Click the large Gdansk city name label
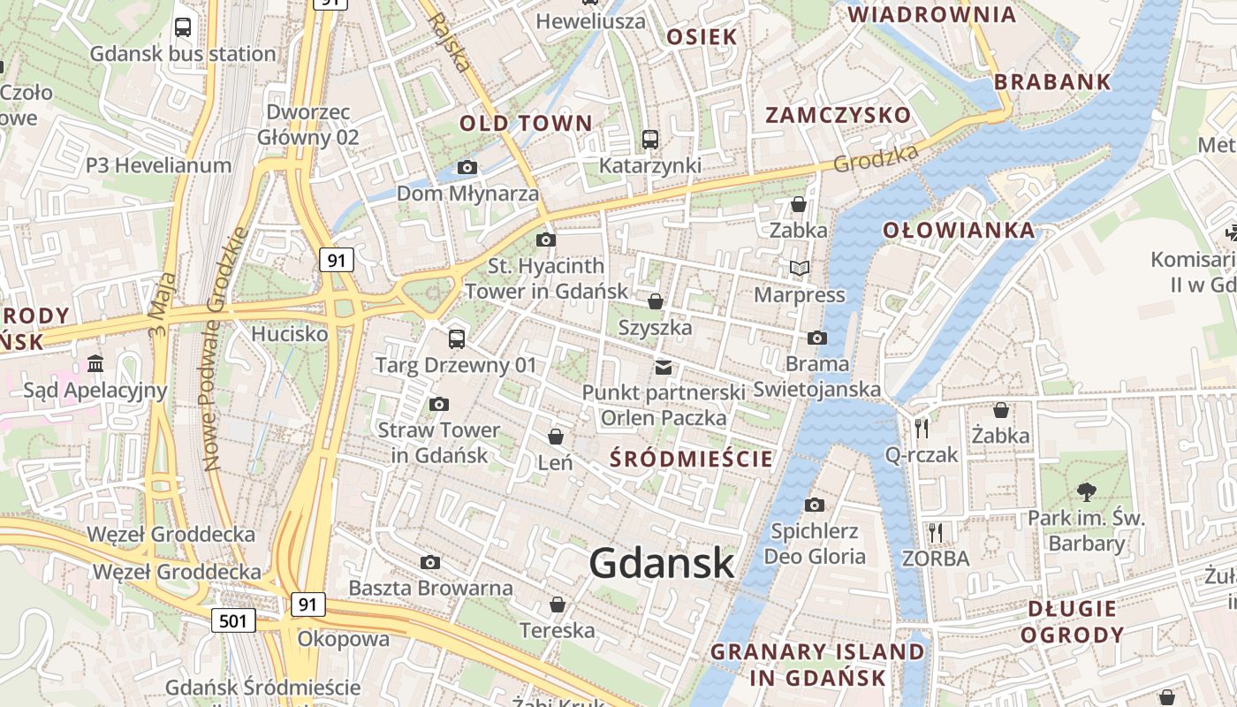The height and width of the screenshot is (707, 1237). click(661, 563)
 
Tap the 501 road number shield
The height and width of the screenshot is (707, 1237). click(233, 620)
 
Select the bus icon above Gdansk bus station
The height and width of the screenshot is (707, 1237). click(183, 27)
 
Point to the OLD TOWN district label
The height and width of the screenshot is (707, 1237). click(525, 123)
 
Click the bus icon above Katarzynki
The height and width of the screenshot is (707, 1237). click(650, 139)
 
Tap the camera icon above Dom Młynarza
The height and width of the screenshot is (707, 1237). click(467, 167)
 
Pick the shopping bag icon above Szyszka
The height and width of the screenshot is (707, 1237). click(656, 301)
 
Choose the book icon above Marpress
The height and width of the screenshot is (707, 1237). click(800, 268)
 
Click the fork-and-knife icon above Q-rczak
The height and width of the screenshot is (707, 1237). click(922, 428)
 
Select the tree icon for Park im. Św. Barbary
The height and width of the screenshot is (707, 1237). click(1086, 491)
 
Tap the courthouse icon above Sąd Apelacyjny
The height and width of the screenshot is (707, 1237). click(95, 363)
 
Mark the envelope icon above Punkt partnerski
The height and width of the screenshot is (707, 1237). click(663, 366)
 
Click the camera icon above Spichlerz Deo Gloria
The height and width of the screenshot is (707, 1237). click(815, 505)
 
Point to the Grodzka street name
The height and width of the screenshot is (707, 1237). click(876, 159)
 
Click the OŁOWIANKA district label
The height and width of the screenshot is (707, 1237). click(959, 231)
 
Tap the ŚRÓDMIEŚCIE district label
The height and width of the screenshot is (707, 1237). click(692, 459)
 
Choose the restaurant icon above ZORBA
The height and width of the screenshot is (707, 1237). click(935, 532)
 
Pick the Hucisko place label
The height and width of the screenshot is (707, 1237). click(290, 334)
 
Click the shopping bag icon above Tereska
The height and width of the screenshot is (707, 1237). click(558, 604)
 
